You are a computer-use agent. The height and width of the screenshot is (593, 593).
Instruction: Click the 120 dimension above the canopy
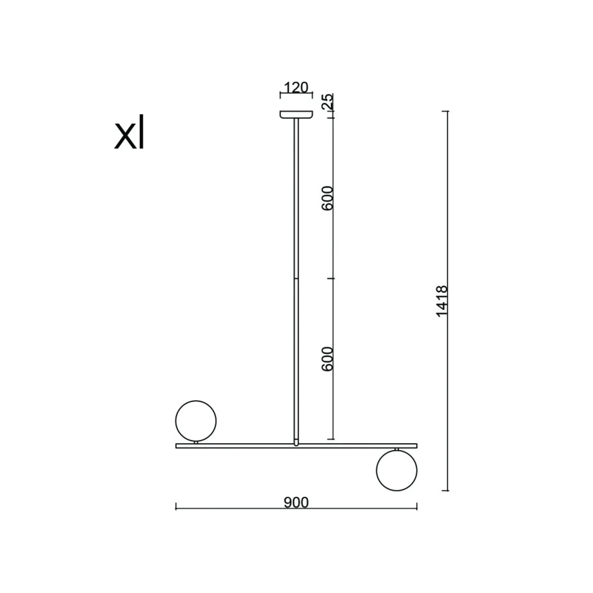click(x=296, y=88)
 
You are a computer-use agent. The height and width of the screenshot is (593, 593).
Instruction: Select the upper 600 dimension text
click(x=327, y=198)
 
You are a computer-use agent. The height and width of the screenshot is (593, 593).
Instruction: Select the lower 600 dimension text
click(x=327, y=359)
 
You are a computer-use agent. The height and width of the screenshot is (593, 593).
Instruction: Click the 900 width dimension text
click(x=296, y=503)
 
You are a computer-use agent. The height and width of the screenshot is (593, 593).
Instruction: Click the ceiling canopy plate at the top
click(x=296, y=114)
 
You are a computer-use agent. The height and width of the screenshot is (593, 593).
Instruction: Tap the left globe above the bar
click(x=196, y=421)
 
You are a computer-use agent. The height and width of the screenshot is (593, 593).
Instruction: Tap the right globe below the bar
click(x=397, y=470)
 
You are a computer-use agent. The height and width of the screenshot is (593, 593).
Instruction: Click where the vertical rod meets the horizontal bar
click(x=296, y=444)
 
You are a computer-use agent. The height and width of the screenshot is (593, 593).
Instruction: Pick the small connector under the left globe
click(x=196, y=442)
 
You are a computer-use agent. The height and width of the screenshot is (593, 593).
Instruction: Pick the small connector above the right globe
click(x=397, y=449)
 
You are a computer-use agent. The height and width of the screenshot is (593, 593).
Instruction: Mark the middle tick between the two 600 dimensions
click(x=333, y=278)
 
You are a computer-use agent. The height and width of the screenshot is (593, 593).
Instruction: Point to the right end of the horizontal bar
click(x=416, y=446)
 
